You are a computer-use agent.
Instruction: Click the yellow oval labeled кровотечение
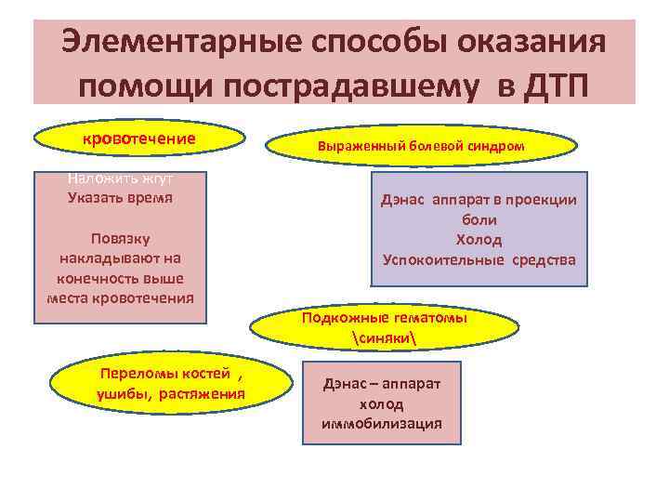coord(139,139)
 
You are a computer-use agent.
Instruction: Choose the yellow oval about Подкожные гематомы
coord(385,326)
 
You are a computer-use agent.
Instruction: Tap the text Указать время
coord(120,197)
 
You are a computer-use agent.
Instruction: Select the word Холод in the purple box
coord(479,240)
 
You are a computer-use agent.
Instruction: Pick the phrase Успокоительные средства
coord(479,259)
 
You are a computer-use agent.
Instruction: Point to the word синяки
coord(385,336)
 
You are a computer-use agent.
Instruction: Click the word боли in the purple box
coord(479,220)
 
